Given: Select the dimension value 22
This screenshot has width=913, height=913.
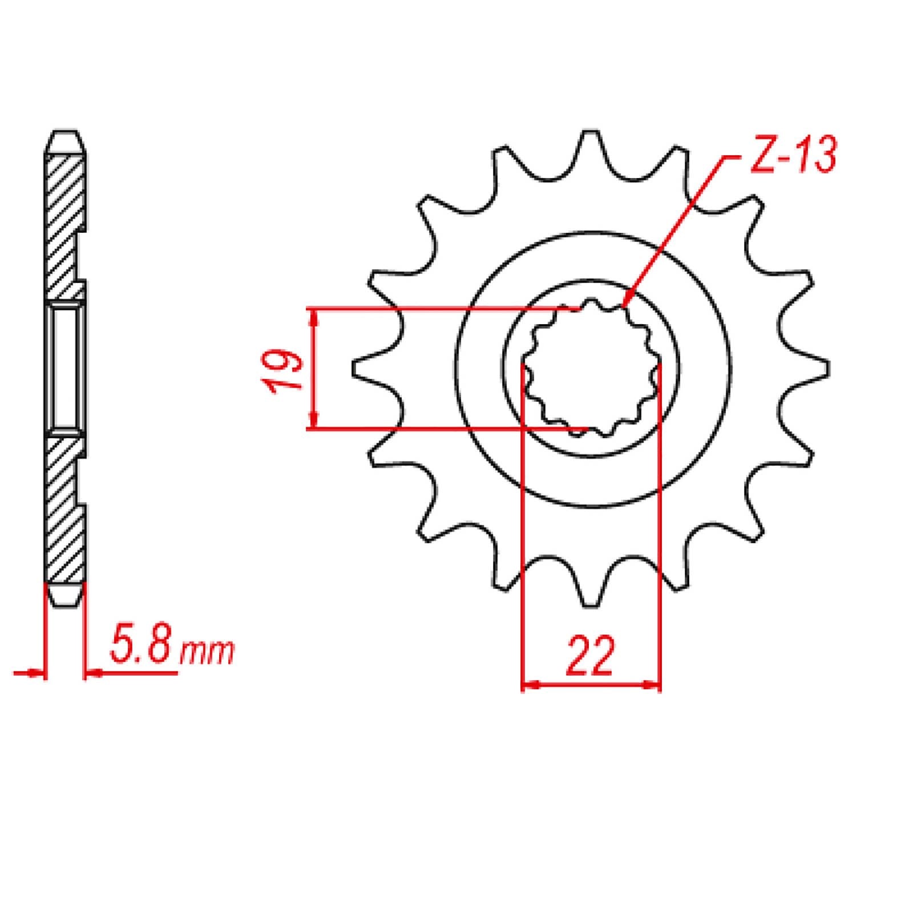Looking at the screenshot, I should point(591,655).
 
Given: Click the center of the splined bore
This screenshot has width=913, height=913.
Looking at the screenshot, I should point(592,369).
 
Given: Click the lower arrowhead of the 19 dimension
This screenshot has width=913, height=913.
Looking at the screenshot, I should point(313,422).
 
